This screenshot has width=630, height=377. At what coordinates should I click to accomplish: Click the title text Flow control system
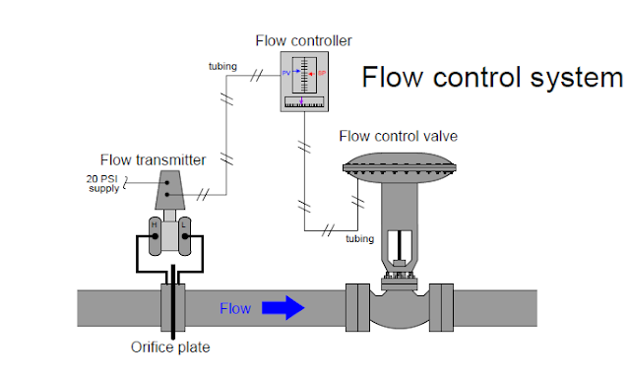tap(492, 77)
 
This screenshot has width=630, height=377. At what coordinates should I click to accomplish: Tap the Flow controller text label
tap(303, 40)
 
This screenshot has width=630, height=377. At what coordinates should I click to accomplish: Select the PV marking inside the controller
tap(286, 73)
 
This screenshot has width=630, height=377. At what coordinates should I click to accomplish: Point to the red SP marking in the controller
tap(322, 73)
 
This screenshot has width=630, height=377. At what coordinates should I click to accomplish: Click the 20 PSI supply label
tap(102, 184)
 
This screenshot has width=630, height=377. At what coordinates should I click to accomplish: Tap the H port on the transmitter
tap(154, 225)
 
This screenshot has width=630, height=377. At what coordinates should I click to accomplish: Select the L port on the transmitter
tap(184, 225)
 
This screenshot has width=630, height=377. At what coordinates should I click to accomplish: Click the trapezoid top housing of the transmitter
tap(169, 188)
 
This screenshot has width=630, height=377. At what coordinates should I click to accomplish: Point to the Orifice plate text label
tap(170, 346)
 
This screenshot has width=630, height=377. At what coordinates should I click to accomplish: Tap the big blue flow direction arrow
tap(282, 308)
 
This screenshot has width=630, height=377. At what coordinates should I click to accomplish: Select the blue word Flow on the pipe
tap(234, 309)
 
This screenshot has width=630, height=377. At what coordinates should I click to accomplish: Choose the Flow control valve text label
tap(398, 135)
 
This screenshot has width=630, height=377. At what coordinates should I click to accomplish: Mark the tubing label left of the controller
tap(221, 66)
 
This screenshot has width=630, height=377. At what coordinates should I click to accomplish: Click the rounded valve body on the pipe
tap(398, 309)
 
